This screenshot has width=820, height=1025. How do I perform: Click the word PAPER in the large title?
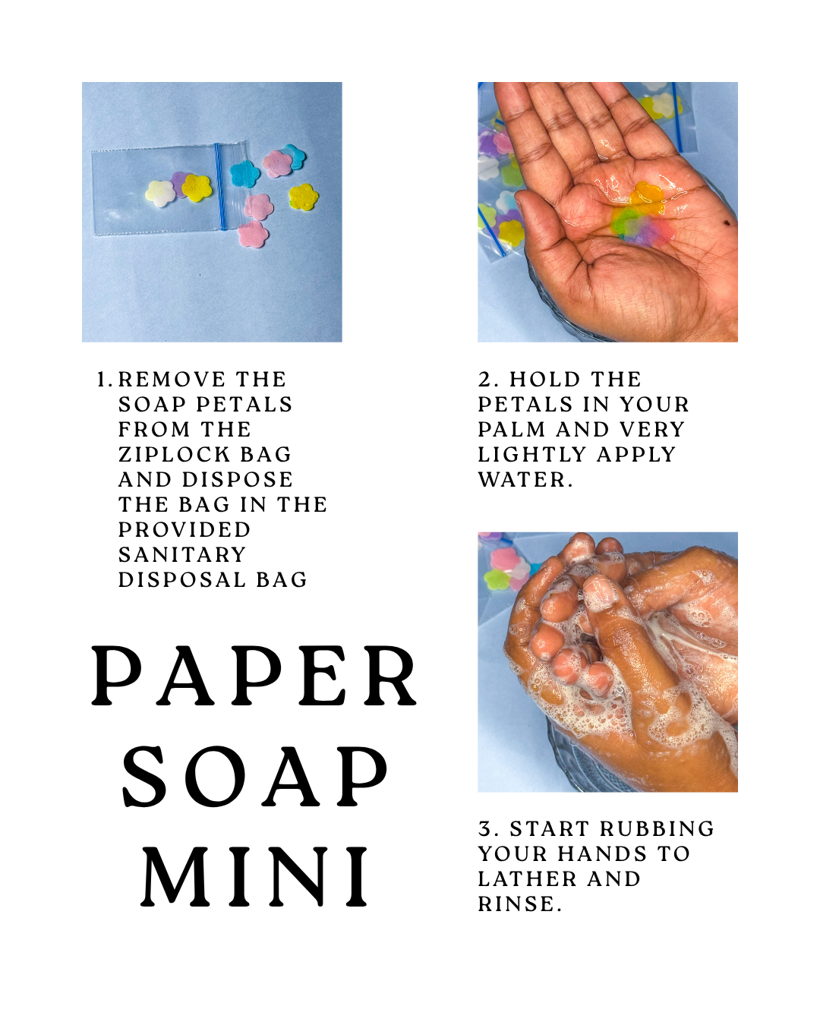point(254,676)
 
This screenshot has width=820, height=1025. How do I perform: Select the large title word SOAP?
point(255,776)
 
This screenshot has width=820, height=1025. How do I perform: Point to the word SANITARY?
point(182,554)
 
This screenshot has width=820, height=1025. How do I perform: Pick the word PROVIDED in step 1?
point(184,530)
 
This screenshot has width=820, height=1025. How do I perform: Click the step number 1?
point(104,380)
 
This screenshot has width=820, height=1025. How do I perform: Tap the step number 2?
point(488,380)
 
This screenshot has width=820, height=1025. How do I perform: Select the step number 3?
point(488,829)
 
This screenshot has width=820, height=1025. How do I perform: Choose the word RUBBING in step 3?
point(657,829)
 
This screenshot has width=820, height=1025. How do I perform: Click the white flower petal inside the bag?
point(160,194)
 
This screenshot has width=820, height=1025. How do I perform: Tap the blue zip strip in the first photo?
point(219,186)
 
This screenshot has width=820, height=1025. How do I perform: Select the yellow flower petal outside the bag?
point(304,197)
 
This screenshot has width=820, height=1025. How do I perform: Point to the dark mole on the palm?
point(727,222)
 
